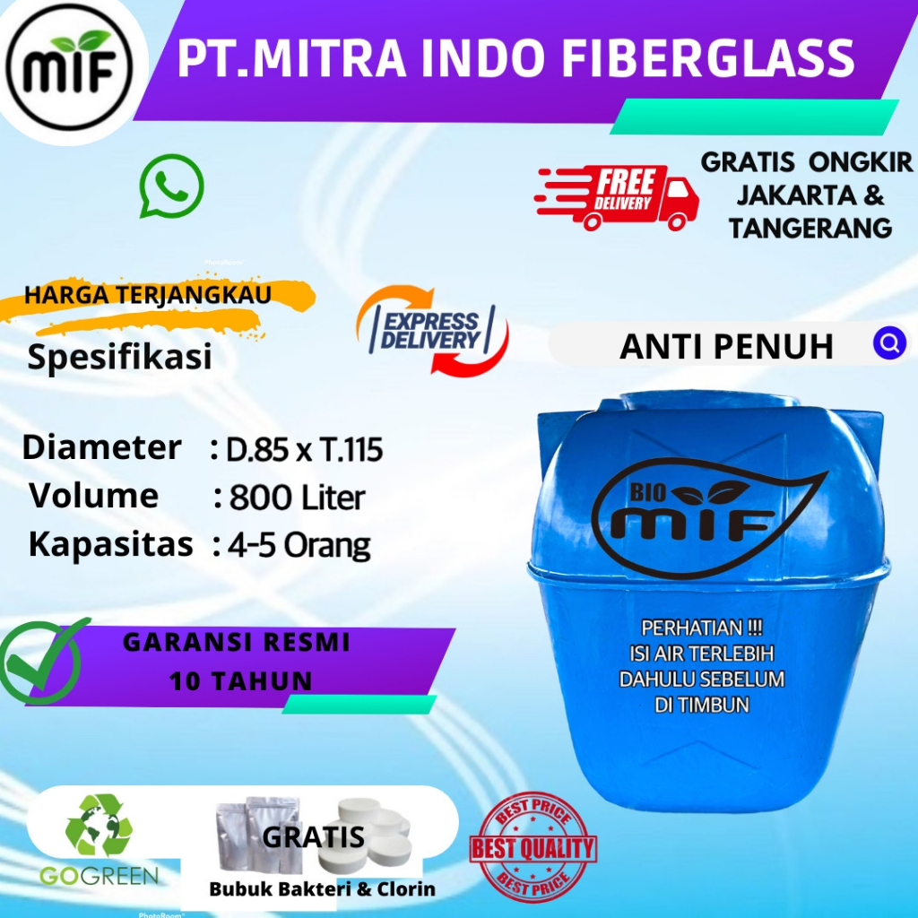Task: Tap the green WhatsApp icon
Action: pyautogui.click(x=171, y=186)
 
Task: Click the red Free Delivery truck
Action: pyautogui.click(x=619, y=197)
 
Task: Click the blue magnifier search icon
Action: pyautogui.click(x=888, y=342)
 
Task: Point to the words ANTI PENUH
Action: pyautogui.click(x=726, y=346)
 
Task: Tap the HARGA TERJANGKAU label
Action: pyautogui.click(x=148, y=297)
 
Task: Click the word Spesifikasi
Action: pyautogui.click(x=119, y=357)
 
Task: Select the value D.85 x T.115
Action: pyautogui.click(x=304, y=450)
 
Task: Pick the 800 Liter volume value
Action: pyautogui.click(x=297, y=498)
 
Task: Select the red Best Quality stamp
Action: pyautogui.click(x=533, y=847)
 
